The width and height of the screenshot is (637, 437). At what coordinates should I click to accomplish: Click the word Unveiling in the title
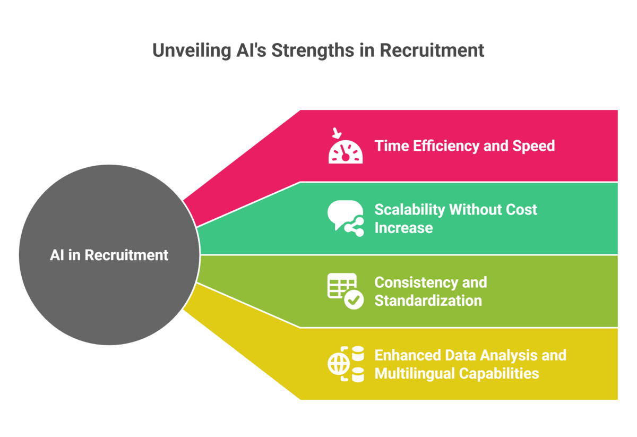(192, 51)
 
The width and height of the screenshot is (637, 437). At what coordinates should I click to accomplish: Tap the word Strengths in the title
(313, 51)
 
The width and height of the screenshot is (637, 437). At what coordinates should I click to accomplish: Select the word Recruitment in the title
(432, 50)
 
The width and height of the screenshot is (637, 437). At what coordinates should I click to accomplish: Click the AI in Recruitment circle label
(109, 255)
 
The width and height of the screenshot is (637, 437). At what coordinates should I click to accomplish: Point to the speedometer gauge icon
(346, 152)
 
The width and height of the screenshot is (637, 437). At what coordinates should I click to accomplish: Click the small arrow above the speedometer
(337, 133)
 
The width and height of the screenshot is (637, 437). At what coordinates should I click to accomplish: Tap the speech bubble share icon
(346, 218)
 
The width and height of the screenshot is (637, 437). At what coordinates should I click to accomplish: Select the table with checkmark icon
(346, 291)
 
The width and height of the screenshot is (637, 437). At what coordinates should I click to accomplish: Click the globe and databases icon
(346, 364)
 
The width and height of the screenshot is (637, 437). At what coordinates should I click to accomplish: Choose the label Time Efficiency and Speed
(464, 146)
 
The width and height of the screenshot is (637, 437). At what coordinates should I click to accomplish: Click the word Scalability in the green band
(410, 210)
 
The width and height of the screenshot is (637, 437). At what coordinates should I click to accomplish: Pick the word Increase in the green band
(403, 228)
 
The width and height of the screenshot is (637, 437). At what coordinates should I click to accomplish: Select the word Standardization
(428, 301)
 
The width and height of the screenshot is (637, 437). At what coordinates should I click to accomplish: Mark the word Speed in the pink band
(533, 146)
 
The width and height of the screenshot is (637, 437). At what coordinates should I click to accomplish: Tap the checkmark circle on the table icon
(354, 299)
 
